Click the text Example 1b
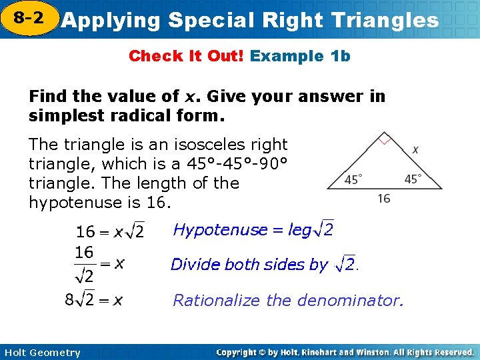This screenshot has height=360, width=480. tap(300, 56)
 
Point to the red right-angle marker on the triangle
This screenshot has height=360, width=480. tap(383, 140)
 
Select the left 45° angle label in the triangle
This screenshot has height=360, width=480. tap(354, 179)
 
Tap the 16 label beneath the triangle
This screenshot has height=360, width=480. tap(383, 199)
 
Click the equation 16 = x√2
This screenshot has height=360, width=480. tap(110, 232)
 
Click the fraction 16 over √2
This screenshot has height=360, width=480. tap(84, 264)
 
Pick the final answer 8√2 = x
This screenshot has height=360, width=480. tap(93, 300)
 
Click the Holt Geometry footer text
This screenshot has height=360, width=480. tap(41, 353)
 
